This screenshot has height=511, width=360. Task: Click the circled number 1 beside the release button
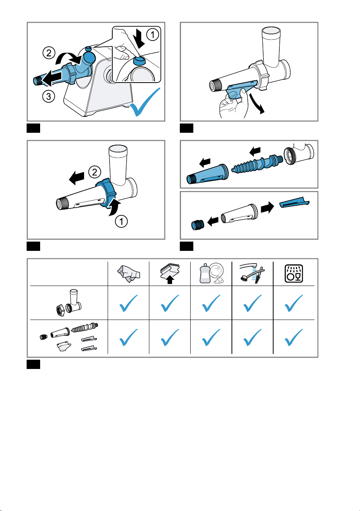tap(152, 35)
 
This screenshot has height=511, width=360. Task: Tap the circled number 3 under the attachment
tap(49, 96)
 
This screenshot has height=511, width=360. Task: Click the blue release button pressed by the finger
tap(139, 61)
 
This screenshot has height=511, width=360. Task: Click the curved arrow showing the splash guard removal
tap(257, 103)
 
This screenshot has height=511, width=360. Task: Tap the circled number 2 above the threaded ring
tap(95, 172)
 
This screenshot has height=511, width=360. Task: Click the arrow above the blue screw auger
tap(255, 151)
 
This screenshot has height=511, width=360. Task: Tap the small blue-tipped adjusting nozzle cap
tap(197, 225)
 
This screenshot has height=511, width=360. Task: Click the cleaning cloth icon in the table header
tap(128, 273)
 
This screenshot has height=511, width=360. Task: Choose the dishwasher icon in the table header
tap(294, 273)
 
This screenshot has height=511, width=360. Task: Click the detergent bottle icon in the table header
tap(212, 273)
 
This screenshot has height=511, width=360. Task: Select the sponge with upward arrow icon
tap(170, 273)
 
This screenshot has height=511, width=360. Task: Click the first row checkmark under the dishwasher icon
tap(294, 303)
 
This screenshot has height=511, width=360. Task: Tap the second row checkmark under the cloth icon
tap(128, 337)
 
